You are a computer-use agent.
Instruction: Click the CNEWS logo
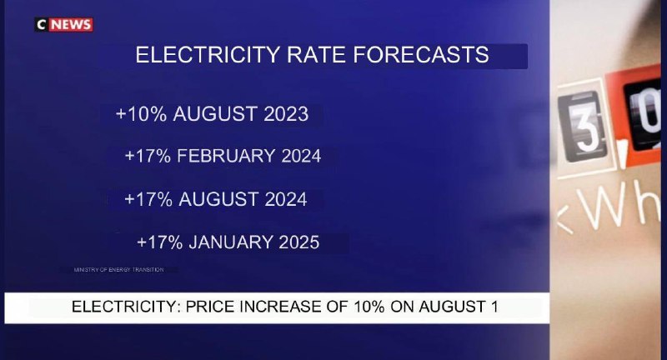coord(64,24)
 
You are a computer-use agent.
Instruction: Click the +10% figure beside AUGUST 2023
coord(141,114)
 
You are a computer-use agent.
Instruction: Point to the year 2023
coord(283,114)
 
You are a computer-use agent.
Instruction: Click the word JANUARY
coord(229,242)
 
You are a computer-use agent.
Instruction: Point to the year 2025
coord(296,242)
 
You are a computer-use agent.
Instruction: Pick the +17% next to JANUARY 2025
coord(161,242)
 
